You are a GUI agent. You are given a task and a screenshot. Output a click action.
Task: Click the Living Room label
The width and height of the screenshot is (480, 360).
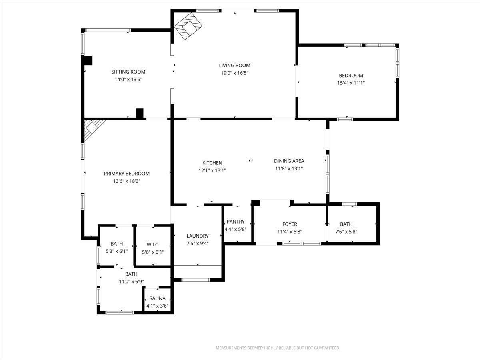pyautogui.click(x=234, y=65)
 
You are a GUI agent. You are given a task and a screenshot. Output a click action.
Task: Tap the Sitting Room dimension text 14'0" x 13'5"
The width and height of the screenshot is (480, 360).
pyautogui.click(x=128, y=79)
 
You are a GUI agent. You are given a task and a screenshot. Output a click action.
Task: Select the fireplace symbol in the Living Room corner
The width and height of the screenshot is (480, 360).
pyautogui.click(x=188, y=26)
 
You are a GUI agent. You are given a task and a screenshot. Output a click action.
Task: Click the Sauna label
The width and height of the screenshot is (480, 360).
pyautogui.click(x=158, y=298)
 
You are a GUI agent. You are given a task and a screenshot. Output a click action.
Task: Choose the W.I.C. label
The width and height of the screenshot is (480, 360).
pyautogui.click(x=153, y=244)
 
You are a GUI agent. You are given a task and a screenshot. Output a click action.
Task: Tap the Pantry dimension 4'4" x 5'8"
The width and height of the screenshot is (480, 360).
pyautogui.click(x=236, y=229)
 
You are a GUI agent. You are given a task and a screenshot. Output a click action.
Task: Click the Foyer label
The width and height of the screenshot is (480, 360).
pyautogui.click(x=290, y=224)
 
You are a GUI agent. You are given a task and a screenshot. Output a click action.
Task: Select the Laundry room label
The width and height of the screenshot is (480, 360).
pyautogui.click(x=198, y=236)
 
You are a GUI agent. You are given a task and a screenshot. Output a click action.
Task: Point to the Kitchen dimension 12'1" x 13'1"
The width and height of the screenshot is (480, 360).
pyautogui.click(x=212, y=170)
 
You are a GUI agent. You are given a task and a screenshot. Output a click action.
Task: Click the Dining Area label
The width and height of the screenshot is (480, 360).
pyautogui.click(x=289, y=161)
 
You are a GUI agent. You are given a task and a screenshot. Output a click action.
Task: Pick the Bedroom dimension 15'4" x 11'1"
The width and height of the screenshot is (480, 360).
pyautogui.click(x=351, y=83)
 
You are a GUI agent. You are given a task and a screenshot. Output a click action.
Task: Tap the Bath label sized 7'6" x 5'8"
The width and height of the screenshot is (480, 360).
pyautogui.click(x=346, y=224)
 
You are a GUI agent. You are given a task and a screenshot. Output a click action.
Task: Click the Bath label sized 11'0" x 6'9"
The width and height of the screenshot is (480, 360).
pyautogui.click(x=131, y=274)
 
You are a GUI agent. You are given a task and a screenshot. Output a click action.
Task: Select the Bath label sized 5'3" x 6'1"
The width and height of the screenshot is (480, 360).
pyautogui.click(x=116, y=244)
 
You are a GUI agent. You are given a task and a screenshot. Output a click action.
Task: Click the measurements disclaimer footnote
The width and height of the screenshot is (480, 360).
pyautogui.click(x=278, y=348)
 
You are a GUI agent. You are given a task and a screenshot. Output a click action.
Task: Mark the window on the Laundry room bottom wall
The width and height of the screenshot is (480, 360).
pyautogui.click(x=196, y=280)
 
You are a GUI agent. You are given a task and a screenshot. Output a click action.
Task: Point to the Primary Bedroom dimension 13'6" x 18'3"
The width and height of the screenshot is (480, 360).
pyautogui.click(x=127, y=181)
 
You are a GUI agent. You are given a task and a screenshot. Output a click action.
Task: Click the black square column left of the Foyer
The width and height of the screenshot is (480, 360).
pyautogui.click(x=256, y=203)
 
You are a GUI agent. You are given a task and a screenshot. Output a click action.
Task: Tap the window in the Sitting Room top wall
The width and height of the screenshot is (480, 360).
pyautogui.click(x=108, y=30)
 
